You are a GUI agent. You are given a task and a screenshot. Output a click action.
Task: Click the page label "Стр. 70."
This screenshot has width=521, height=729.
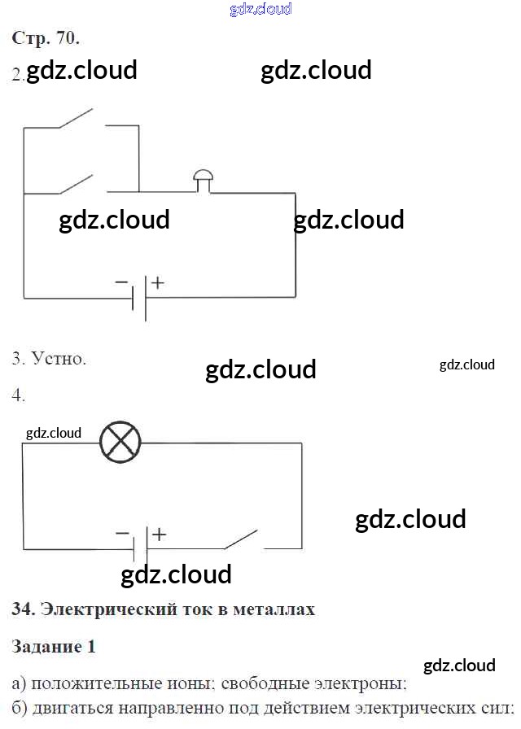tap(46, 38)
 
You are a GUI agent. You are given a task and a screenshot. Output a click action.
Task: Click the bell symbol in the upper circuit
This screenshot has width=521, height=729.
tap(204, 181)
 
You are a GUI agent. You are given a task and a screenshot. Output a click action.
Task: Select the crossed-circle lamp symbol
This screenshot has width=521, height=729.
tap(120, 442)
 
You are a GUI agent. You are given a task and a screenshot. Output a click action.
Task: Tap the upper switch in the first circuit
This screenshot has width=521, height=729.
tap(76, 118)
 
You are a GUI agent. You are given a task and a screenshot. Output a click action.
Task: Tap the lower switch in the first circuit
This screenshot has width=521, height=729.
tap(77, 184)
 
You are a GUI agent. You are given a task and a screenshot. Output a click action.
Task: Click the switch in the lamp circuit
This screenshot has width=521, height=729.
tap(242, 539)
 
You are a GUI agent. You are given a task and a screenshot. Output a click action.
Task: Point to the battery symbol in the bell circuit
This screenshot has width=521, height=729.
tap(139, 298)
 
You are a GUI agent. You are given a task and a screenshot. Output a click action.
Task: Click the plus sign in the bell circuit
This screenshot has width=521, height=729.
tap(158, 282)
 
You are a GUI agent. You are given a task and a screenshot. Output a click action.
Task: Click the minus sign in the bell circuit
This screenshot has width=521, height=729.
tap(121, 282)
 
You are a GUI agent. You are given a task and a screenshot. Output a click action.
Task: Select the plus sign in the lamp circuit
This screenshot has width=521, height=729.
tap(159, 535)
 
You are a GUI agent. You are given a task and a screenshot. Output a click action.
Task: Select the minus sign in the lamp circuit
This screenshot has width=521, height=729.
tap(122, 533)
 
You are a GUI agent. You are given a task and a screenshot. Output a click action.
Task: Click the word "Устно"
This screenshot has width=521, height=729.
tap(57, 359)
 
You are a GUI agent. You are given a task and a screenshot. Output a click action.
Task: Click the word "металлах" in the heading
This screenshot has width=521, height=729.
tap(274, 609)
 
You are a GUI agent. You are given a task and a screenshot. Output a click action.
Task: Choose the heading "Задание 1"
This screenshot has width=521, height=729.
tap(54, 646)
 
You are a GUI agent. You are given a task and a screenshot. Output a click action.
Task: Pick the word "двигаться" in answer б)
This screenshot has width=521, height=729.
tap(72, 708)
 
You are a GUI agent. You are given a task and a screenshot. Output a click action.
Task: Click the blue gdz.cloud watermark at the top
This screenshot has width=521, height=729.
tap(261, 9)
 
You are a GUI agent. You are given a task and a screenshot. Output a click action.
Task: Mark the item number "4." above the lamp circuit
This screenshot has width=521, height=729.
tap(18, 395)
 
